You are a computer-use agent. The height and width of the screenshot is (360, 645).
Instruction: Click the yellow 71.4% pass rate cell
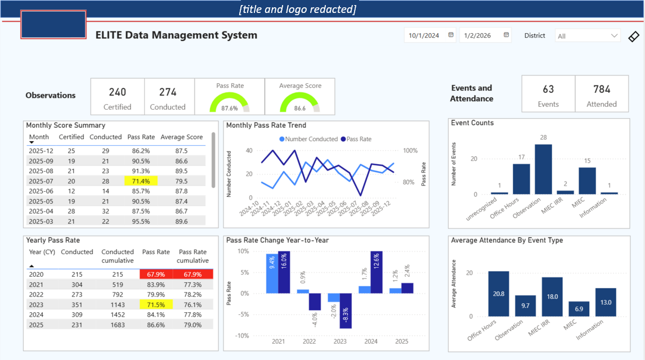tap(141, 181)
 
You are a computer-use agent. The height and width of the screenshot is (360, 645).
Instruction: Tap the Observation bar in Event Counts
tap(543, 169)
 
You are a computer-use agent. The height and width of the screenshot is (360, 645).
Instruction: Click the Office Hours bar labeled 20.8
tap(499, 294)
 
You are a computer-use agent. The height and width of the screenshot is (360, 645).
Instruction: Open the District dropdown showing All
tap(587, 36)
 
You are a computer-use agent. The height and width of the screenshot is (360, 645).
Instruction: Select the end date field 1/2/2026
tap(485, 35)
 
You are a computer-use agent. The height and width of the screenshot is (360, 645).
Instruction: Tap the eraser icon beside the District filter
tap(634, 37)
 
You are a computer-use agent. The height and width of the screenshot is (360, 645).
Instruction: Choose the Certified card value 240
tap(118, 92)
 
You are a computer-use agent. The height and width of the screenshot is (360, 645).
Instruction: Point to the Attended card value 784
tap(602, 89)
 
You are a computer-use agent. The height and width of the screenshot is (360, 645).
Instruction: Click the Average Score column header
tap(181, 137)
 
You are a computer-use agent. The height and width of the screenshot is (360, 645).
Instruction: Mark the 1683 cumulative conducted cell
tap(117, 325)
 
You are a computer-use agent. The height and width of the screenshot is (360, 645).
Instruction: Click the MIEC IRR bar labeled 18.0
tap(552, 296)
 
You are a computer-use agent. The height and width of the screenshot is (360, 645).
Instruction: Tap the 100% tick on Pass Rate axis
tap(410, 151)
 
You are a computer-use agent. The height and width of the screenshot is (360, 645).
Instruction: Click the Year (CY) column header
tap(42, 252)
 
